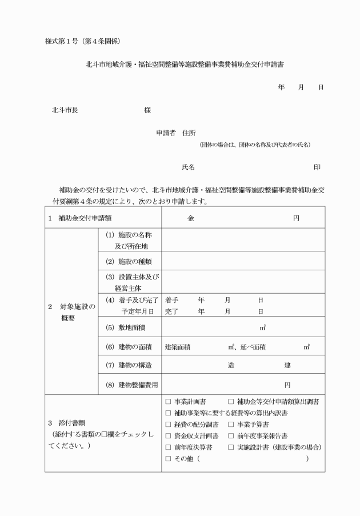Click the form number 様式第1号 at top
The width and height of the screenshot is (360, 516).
coord(60,41)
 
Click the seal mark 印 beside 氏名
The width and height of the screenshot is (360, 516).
coord(317,167)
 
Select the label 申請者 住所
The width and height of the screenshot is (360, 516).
coord(176,133)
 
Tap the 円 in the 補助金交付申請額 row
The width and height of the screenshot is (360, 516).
coord(296,218)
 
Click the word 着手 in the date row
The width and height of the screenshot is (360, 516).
coord(172,299)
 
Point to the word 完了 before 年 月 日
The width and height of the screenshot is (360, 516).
coord(172,311)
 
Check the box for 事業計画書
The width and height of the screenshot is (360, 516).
coord(168,401)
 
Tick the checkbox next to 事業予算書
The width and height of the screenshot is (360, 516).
coord(231,424)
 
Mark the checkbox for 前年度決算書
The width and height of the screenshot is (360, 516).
coord(168,447)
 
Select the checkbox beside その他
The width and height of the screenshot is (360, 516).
coord(168,458)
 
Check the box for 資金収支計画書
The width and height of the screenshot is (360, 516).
coord(168,435)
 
